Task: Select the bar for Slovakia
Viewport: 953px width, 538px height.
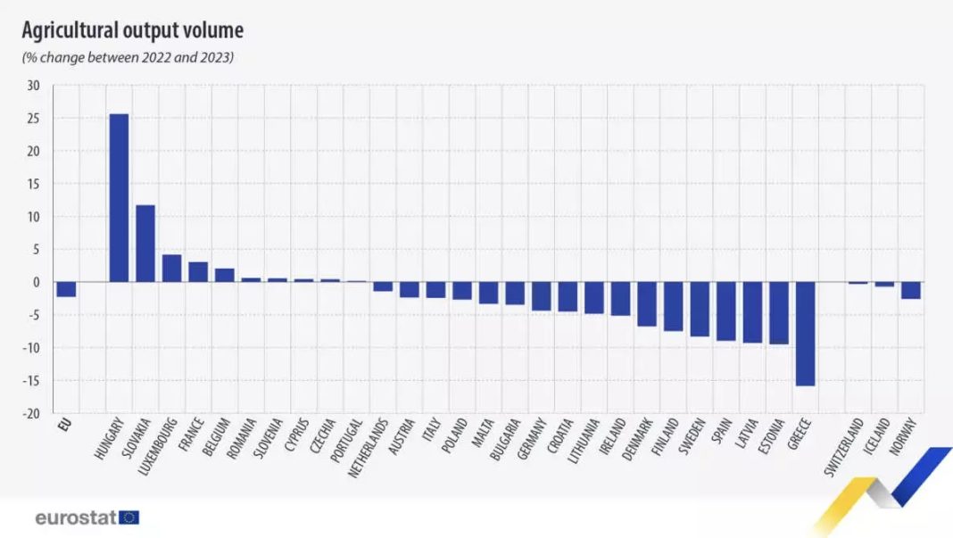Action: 145,244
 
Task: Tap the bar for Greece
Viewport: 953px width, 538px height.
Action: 805,334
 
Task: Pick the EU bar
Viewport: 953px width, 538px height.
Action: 66,289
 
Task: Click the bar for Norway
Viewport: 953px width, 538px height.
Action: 910,290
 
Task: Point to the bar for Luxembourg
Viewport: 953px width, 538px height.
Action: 171,269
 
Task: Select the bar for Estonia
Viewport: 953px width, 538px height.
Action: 778,313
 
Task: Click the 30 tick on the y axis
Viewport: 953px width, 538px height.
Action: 34,86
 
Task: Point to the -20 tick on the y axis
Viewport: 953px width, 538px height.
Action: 31,414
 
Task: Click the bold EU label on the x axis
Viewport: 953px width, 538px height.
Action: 62,423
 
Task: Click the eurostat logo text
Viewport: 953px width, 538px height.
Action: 75,517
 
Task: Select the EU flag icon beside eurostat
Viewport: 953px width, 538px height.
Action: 129,517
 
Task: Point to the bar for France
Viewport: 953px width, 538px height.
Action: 198,272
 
